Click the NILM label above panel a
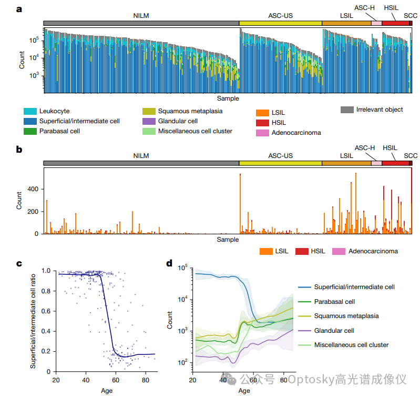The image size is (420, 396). (x=141, y=15)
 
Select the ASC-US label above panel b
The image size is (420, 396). (x=280, y=155)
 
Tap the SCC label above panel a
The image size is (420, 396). (x=411, y=15)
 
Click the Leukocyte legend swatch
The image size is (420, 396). (x=30, y=112)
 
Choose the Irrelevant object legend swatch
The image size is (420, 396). (x=346, y=110)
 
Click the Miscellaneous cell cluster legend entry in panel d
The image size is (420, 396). (x=351, y=345)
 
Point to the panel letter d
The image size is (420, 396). (x=170, y=263)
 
